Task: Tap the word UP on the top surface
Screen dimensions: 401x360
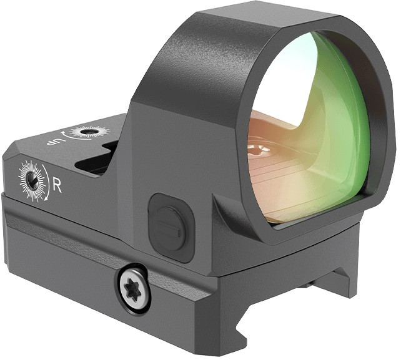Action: [x=53, y=140]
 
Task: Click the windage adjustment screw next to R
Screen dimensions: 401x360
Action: [x=32, y=179]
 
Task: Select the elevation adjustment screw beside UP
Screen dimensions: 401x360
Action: [x=89, y=132]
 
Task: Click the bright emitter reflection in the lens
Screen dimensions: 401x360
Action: [x=259, y=150]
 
